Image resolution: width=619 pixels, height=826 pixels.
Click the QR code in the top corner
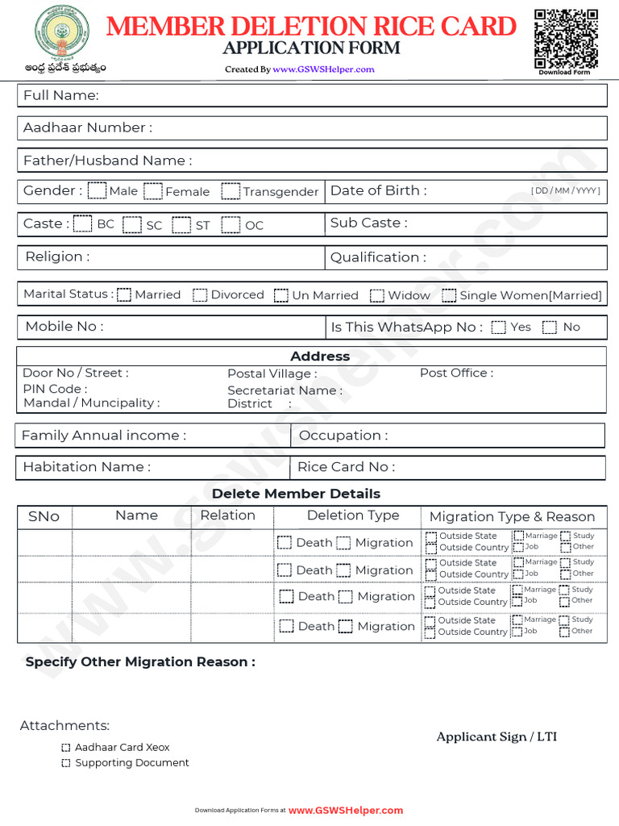point(566,38)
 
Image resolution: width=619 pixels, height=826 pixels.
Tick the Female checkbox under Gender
point(153,191)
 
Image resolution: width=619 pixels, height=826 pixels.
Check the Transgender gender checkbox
point(231,191)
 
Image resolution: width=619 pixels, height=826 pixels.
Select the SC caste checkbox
point(133,224)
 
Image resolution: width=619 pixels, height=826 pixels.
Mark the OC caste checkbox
point(231,224)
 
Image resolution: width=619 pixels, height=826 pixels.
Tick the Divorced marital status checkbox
point(200,295)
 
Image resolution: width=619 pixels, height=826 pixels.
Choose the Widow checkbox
point(377,295)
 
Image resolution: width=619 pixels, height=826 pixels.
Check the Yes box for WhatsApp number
point(499,327)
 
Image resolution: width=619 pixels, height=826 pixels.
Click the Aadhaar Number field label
point(87,127)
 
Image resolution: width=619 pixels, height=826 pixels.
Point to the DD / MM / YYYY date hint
point(565,191)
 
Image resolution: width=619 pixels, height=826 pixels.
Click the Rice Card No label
point(346,467)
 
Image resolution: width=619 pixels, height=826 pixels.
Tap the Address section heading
point(320,356)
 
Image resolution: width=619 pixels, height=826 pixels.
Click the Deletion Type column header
point(353,515)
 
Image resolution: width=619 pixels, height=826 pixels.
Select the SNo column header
point(44,516)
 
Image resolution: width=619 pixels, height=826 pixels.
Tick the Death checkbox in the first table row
point(285,542)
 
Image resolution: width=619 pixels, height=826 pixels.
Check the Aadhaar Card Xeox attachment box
point(66,748)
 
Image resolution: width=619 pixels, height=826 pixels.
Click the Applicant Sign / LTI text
point(496,736)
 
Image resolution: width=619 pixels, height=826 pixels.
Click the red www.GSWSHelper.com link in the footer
point(346,810)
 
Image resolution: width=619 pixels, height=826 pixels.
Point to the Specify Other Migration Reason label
point(140,661)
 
